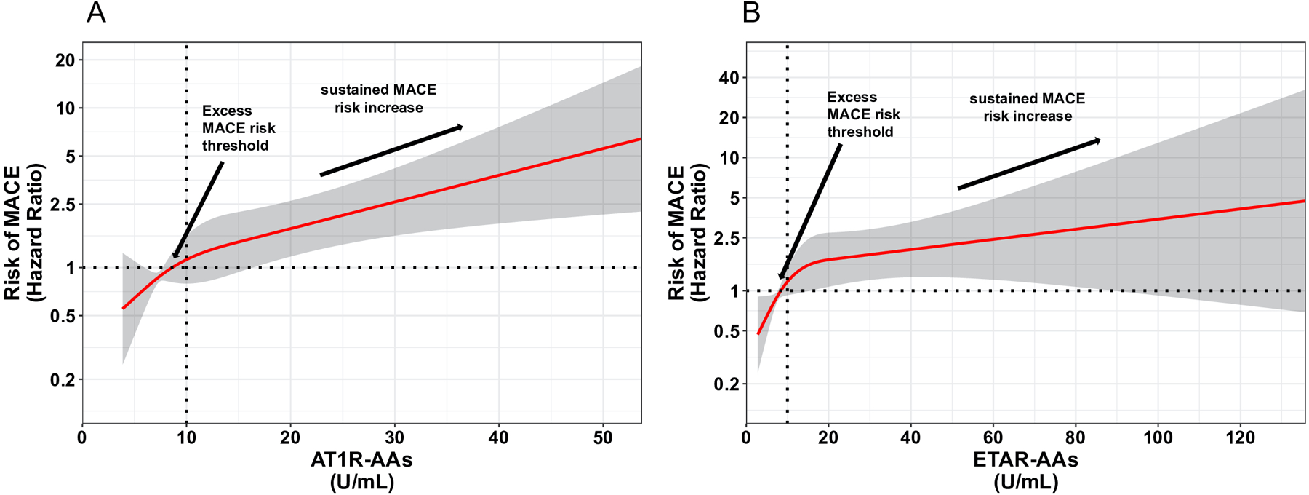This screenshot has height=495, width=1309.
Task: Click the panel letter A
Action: point(96,13)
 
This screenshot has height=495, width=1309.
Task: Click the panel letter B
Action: point(751,13)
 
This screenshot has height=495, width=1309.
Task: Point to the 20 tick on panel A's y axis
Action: point(65,60)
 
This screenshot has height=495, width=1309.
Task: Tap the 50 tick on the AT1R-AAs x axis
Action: point(603,437)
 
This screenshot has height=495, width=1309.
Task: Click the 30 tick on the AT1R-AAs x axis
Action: point(395,437)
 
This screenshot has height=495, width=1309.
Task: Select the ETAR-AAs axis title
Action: point(1025,460)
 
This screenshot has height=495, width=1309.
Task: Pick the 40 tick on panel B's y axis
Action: point(729,78)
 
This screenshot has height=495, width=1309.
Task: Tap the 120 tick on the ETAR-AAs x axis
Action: point(1241,437)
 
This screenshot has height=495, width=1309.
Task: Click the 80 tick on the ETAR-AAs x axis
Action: point(1076,437)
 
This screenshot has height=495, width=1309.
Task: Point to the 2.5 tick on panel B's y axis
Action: point(724,238)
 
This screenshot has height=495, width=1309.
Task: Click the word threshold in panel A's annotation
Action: point(235,146)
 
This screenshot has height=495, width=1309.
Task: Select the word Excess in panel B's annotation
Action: point(852,97)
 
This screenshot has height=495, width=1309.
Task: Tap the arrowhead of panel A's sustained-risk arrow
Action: point(460,127)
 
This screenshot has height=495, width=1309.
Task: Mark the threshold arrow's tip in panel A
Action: point(174,257)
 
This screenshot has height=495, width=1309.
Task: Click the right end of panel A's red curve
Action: point(640,138)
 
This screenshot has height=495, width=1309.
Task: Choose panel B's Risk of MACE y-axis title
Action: point(676,233)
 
